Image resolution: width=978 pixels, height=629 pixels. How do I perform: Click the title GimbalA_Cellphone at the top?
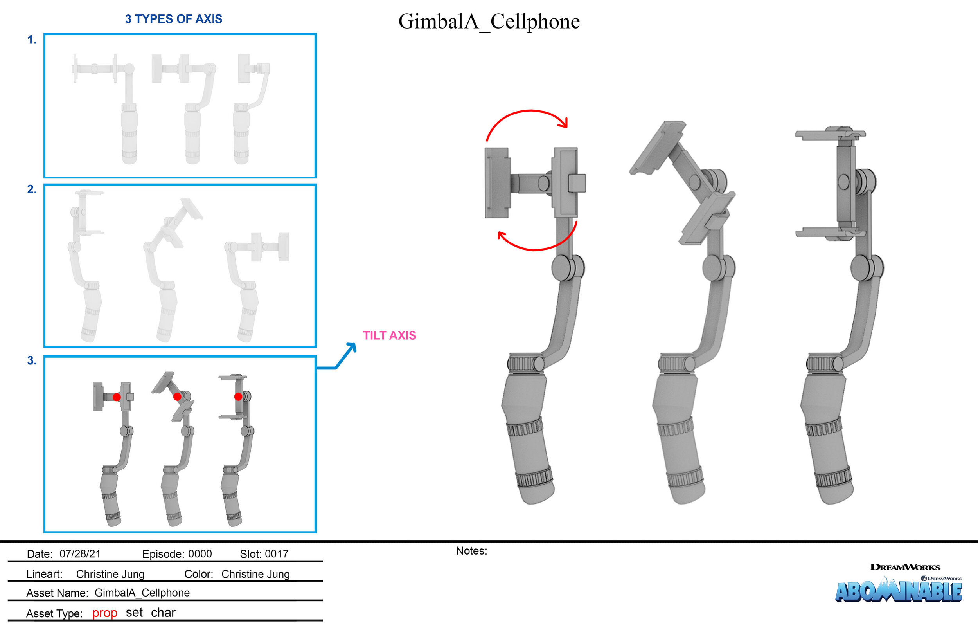tap(489, 21)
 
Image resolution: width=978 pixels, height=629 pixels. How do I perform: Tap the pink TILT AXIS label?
tap(389, 335)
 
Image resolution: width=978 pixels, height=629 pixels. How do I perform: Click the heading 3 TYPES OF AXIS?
tap(173, 19)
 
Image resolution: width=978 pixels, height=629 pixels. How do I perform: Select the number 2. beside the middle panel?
tap(32, 189)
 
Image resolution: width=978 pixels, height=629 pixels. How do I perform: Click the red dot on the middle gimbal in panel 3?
tap(177, 397)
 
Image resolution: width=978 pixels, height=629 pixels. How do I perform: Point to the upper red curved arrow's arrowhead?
tap(564, 123)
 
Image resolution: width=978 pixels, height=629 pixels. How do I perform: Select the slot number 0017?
tap(276, 554)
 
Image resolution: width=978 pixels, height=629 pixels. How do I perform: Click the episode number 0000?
tap(200, 554)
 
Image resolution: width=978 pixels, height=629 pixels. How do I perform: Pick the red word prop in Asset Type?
tap(104, 613)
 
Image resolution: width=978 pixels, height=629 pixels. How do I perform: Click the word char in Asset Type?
tap(163, 613)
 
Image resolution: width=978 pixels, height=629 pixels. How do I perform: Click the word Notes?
tap(471, 551)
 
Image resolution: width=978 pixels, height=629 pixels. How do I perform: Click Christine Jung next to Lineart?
tap(110, 574)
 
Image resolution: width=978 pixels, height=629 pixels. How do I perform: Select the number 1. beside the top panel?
tap(32, 40)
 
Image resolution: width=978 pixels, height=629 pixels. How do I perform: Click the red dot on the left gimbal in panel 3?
tap(117, 397)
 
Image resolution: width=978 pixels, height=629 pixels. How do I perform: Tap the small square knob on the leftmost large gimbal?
tap(577, 183)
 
